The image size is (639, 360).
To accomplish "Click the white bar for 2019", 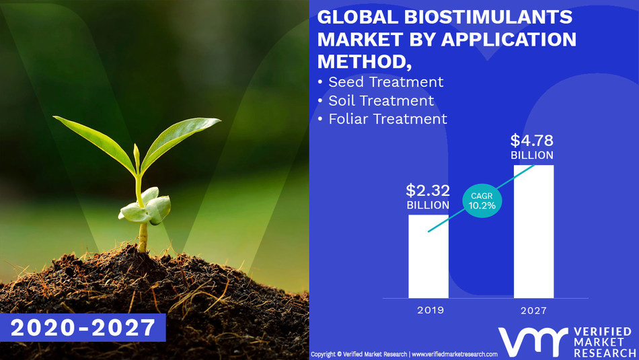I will [x=428, y=256].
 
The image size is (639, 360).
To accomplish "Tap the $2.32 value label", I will [x=428, y=190].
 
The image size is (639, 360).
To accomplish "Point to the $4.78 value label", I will [x=532, y=141].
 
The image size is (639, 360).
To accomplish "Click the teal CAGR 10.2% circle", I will [x=482, y=199].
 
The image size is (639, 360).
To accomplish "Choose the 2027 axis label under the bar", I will [x=533, y=312].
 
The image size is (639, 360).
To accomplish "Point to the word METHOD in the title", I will [x=361, y=62].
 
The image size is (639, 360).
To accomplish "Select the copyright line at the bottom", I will [x=404, y=354].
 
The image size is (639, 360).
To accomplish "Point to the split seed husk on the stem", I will [x=147, y=207].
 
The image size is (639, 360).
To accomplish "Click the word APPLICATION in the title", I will [x=502, y=40].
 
